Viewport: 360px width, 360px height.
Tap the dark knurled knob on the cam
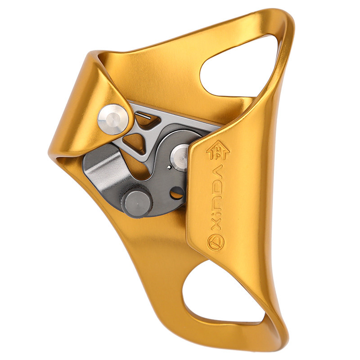(x=137, y=201)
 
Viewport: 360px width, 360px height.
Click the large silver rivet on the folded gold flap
(x=113, y=119)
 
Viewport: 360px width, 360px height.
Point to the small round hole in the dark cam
(x=177, y=193)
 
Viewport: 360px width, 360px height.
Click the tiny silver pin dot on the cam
(x=169, y=167)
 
